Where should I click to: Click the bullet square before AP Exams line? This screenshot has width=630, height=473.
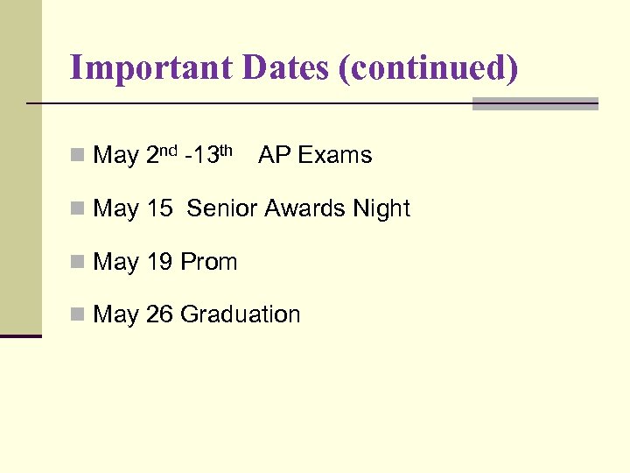(78, 157)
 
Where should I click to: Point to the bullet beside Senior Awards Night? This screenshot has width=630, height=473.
(78, 209)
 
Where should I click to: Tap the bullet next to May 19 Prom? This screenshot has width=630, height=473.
(78, 263)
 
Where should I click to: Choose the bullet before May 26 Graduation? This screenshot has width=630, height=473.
(78, 315)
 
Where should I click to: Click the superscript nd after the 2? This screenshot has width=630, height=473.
(170, 151)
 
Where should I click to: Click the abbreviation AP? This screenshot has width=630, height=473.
(274, 156)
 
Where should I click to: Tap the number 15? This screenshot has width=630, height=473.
(159, 209)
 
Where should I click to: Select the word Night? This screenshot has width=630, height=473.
(381, 210)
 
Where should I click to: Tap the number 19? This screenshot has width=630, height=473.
(159, 262)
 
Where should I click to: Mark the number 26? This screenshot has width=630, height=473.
(159, 314)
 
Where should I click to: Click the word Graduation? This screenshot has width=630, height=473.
(241, 314)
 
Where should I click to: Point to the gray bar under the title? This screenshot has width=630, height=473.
(535, 103)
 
